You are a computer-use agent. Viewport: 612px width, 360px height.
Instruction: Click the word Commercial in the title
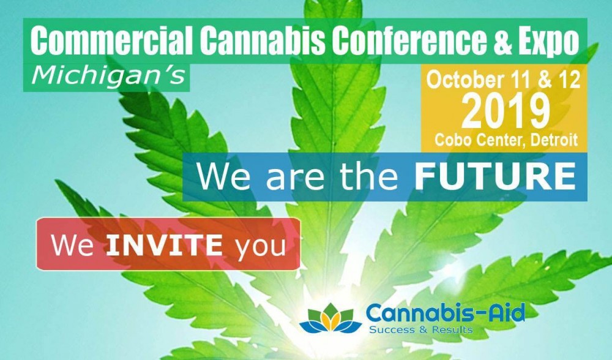tap(111, 40)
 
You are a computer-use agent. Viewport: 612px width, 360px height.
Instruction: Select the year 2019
tap(506, 111)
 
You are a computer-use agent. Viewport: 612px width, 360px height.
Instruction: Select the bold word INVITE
tap(164, 246)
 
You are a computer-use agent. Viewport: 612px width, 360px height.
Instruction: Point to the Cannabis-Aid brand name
tap(446, 313)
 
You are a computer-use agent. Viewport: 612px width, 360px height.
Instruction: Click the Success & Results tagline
tap(421, 329)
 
